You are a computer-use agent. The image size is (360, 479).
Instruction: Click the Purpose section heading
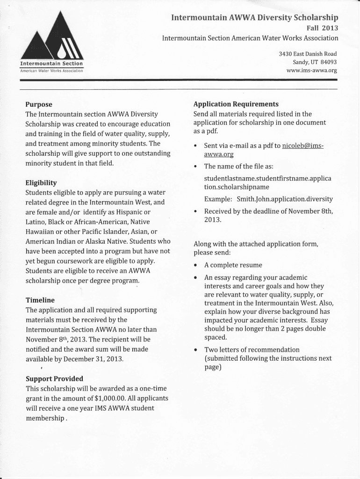(39, 104)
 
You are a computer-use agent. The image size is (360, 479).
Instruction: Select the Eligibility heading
(41, 182)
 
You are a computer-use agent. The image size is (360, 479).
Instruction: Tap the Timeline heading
(40, 300)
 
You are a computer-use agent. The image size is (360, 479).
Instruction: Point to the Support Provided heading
(54, 378)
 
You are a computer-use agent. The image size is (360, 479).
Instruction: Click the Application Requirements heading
(236, 104)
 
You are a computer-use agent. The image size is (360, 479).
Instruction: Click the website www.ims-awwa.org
(311, 71)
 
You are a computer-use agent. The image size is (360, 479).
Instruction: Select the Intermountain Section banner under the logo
(51, 64)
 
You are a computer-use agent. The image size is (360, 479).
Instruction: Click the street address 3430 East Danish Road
(308, 54)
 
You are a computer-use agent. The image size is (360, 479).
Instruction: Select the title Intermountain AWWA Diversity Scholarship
(254, 18)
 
